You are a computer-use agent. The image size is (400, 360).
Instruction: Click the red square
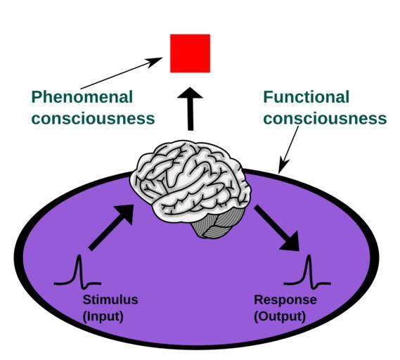[190, 53]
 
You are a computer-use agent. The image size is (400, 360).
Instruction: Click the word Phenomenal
[82, 97]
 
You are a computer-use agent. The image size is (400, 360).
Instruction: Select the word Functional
[306, 97]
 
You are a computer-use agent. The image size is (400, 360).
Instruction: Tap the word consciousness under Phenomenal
[93, 119]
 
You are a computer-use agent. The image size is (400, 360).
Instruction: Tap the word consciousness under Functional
[325, 119]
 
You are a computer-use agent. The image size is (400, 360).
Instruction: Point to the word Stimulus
[110, 300]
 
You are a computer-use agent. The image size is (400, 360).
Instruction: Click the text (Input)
[103, 316]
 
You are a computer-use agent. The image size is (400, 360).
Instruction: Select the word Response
[285, 300]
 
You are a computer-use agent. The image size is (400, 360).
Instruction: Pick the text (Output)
[280, 316]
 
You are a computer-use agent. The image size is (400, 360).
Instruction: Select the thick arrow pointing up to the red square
[191, 109]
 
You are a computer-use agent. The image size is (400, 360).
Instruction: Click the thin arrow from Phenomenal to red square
[122, 73]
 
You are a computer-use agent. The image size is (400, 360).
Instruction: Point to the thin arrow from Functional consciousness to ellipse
[288, 150]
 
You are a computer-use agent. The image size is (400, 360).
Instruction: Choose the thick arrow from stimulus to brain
[111, 227]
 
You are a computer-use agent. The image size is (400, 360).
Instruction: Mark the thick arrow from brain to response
[277, 228]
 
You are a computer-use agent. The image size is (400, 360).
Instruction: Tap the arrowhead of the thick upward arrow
[191, 93]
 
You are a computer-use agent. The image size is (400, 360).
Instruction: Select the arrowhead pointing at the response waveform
[291, 242]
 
